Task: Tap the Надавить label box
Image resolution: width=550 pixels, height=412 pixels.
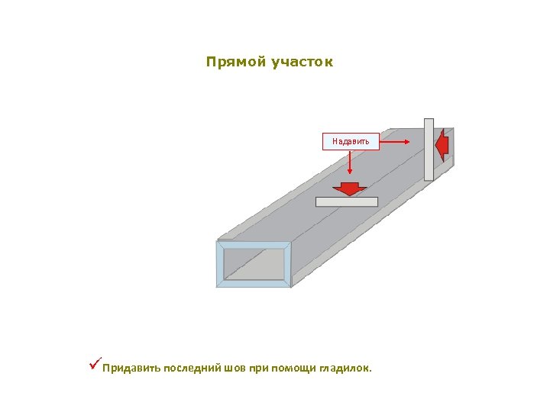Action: point(351,141)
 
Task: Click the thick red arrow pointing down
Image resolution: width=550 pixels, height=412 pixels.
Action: point(350,188)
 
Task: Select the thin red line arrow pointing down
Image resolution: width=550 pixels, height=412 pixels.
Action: point(350,164)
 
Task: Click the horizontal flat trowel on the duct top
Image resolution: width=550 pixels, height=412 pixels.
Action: point(347,202)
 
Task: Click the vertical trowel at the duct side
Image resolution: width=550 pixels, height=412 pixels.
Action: point(429,149)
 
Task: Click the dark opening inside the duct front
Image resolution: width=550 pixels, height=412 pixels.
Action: point(254,264)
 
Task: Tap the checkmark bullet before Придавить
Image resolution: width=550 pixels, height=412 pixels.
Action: point(94,367)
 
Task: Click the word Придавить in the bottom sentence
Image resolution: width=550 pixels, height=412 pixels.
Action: point(131,369)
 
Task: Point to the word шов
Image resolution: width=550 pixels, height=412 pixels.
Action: point(236,369)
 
